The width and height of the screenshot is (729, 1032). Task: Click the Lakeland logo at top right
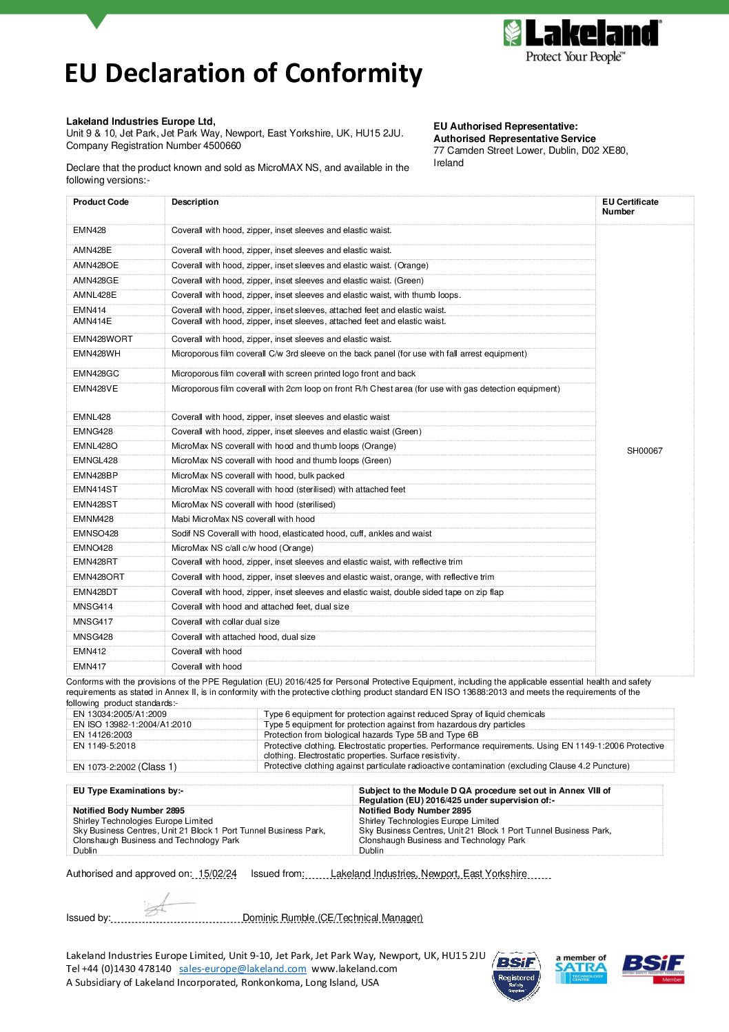582,41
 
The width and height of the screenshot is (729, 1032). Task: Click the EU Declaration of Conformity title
243,73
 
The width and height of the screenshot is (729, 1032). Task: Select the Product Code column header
101,202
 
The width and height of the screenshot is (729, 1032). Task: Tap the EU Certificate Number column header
630,207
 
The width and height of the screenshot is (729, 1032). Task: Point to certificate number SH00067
644,451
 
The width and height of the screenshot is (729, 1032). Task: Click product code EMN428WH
96,354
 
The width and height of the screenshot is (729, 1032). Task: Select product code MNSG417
93,622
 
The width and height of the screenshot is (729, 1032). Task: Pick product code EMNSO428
96,534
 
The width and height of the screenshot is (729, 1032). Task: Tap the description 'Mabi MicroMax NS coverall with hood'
243,519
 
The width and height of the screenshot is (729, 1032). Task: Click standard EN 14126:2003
103,735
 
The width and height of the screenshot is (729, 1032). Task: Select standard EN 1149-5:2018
104,746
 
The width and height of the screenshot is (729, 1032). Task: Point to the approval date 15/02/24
217,874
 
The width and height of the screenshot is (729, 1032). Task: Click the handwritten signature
165,905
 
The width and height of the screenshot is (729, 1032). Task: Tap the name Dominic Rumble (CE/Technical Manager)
333,918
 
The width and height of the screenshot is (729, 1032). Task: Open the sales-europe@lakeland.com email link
243,969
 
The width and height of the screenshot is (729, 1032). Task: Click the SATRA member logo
580,969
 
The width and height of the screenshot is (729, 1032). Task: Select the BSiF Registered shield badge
516,975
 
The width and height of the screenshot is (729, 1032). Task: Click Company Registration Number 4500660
154,145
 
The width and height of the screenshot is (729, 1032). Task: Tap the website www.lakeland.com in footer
354,969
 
